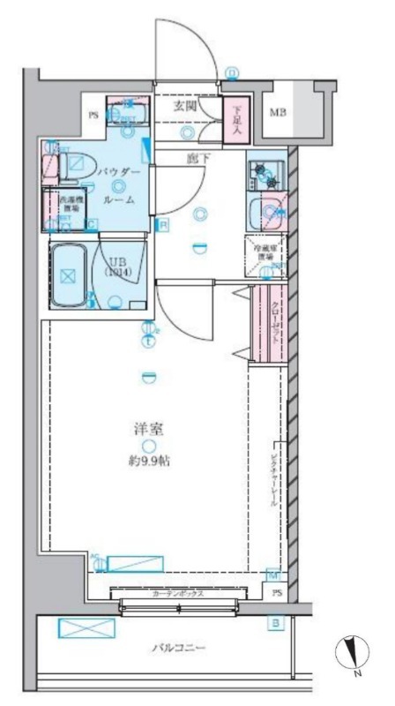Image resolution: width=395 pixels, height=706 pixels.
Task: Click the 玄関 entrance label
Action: point(184,105)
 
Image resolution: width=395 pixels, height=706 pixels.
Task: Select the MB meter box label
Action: point(277,112)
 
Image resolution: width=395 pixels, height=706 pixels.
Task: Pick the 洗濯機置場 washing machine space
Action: point(67,202)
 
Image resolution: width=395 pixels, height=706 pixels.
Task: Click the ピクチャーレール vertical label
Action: point(274,477)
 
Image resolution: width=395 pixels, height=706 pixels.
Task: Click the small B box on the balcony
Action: point(276,624)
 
